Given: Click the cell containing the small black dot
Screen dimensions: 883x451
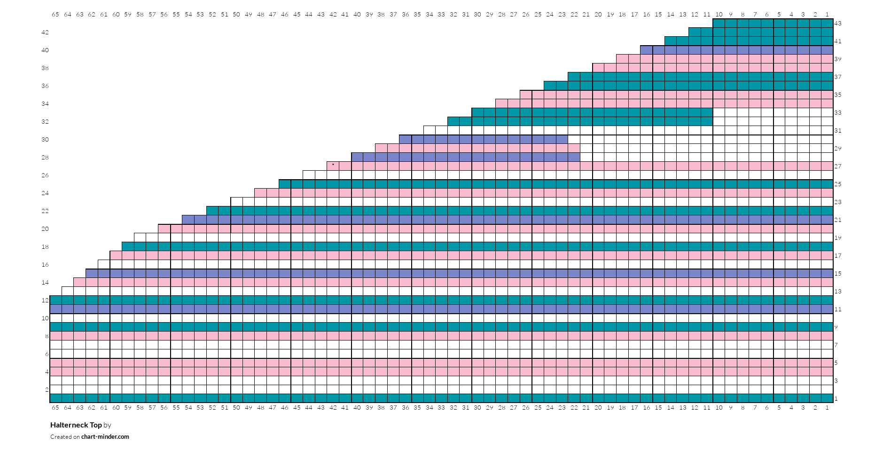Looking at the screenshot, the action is point(333,166).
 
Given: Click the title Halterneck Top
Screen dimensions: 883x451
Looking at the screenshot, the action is point(76,425).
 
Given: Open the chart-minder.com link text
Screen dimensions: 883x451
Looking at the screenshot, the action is point(105,436).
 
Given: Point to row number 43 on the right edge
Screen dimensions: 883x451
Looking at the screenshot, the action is point(838,23).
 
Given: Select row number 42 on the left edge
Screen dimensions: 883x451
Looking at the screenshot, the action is point(45,32).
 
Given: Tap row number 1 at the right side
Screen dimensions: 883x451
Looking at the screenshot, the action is point(836,398).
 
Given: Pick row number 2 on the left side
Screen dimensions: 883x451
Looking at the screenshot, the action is point(47,389).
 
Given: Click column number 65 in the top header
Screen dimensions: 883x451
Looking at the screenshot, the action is point(55,14).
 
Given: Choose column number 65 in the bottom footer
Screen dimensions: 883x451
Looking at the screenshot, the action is point(55,407).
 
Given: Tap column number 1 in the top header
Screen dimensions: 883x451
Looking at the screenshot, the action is point(827,14).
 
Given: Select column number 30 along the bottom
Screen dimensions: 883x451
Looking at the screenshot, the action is point(477,407).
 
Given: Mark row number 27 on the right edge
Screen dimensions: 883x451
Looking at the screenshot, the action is point(838,166).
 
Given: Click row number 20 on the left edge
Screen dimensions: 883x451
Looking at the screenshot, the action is point(45,229).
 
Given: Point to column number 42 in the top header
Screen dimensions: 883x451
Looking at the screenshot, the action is point(333,14).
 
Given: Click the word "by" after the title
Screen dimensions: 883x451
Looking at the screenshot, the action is point(108,425).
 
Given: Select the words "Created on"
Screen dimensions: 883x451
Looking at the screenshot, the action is point(65,436).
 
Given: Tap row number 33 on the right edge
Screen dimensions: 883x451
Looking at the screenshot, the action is point(838,112).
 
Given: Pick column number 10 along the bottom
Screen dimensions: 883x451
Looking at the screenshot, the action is point(719,407).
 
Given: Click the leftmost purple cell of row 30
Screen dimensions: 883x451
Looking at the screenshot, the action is point(405,139).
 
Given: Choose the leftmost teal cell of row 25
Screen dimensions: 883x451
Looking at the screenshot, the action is point(285,184).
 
